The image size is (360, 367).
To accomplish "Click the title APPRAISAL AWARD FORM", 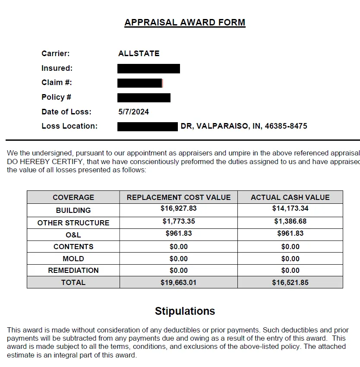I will click(x=185, y=22).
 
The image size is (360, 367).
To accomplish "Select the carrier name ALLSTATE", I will click(x=139, y=54).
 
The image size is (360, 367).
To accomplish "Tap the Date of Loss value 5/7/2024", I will click(x=133, y=112).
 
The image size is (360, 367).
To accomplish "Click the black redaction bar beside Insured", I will click(x=148, y=68).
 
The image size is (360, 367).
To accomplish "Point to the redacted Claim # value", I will click(x=140, y=83).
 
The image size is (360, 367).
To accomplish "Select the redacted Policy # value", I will click(x=144, y=98).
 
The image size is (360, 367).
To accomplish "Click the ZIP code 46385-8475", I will click(x=286, y=126).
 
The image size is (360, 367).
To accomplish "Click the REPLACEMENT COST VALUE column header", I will click(x=179, y=197).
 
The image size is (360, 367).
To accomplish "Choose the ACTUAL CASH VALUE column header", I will click(x=290, y=197).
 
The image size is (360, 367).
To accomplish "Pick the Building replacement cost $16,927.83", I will click(x=179, y=209).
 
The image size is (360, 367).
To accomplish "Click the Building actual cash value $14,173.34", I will click(x=290, y=209).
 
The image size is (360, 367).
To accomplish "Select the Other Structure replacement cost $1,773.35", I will click(x=179, y=221).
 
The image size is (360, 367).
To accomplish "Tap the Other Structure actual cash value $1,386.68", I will click(x=290, y=221).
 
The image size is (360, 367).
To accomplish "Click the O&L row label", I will click(x=73, y=235).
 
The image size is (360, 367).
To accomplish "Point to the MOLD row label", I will click(x=73, y=259).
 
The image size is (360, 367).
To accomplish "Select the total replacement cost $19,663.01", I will click(x=179, y=283).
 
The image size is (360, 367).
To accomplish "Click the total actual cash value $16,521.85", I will click(x=290, y=283).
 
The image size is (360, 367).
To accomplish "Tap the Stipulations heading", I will click(x=185, y=311).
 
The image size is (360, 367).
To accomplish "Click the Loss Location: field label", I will click(x=69, y=126).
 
